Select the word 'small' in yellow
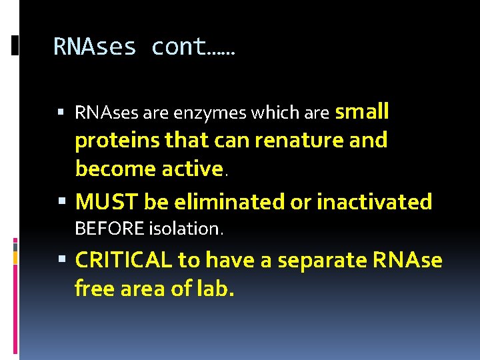click(362, 112)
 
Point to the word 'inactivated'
click(374, 201)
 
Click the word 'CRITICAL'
click(124, 260)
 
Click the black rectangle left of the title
click(15, 45)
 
